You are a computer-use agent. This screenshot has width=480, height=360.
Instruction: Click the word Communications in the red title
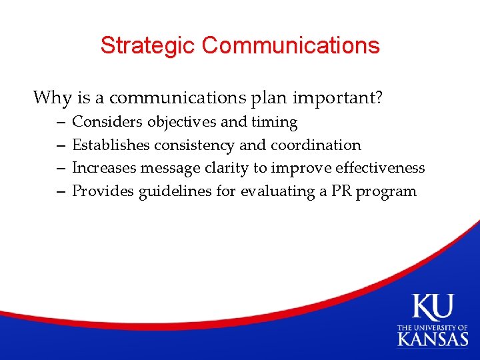coord(291,45)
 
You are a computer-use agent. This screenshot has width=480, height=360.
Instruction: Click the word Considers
coord(107,122)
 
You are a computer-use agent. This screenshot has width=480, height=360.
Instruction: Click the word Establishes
coord(111,145)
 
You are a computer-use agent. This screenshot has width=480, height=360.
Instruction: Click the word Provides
coord(103,192)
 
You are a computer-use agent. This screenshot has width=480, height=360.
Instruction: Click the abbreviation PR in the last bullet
coord(341,192)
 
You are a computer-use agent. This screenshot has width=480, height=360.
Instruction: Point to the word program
coord(387,192)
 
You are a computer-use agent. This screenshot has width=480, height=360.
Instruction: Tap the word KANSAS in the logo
coord(433,339)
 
